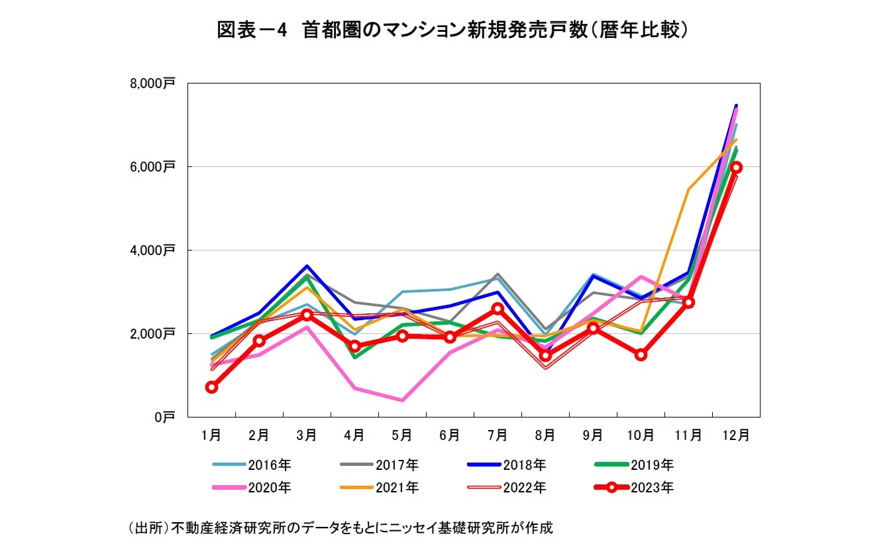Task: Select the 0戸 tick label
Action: pyautogui.click(x=164, y=417)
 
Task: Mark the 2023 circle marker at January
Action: pyautogui.click(x=211, y=387)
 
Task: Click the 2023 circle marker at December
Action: pyautogui.click(x=735, y=168)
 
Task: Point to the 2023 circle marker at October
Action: pyautogui.click(x=641, y=355)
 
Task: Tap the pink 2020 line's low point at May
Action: pyautogui.click(x=402, y=400)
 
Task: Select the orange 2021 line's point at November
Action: pyautogui.click(x=688, y=190)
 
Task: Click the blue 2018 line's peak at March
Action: pyautogui.click(x=307, y=266)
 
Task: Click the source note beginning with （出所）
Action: pyautogui.click(x=339, y=529)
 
